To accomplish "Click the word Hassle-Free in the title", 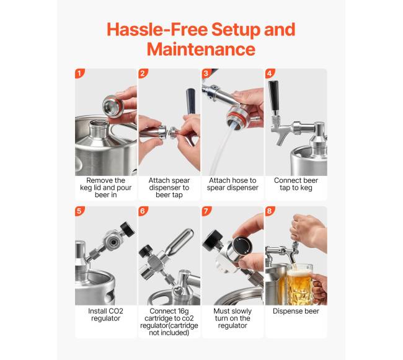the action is point(157,29).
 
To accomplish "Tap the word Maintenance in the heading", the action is point(201,49).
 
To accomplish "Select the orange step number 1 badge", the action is point(80,74).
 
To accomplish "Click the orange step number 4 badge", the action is point(270,74).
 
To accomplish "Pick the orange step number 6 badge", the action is point(143,211).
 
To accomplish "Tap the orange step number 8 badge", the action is point(270,211).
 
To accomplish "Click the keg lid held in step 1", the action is point(113,106).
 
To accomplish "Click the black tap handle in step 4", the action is point(274,97).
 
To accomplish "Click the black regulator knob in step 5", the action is point(128,229).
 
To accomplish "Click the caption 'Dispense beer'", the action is point(296,311).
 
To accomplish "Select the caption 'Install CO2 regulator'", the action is point(105,315).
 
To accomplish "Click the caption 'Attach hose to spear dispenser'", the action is point(232,184).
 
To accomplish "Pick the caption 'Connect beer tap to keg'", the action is point(296,184).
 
